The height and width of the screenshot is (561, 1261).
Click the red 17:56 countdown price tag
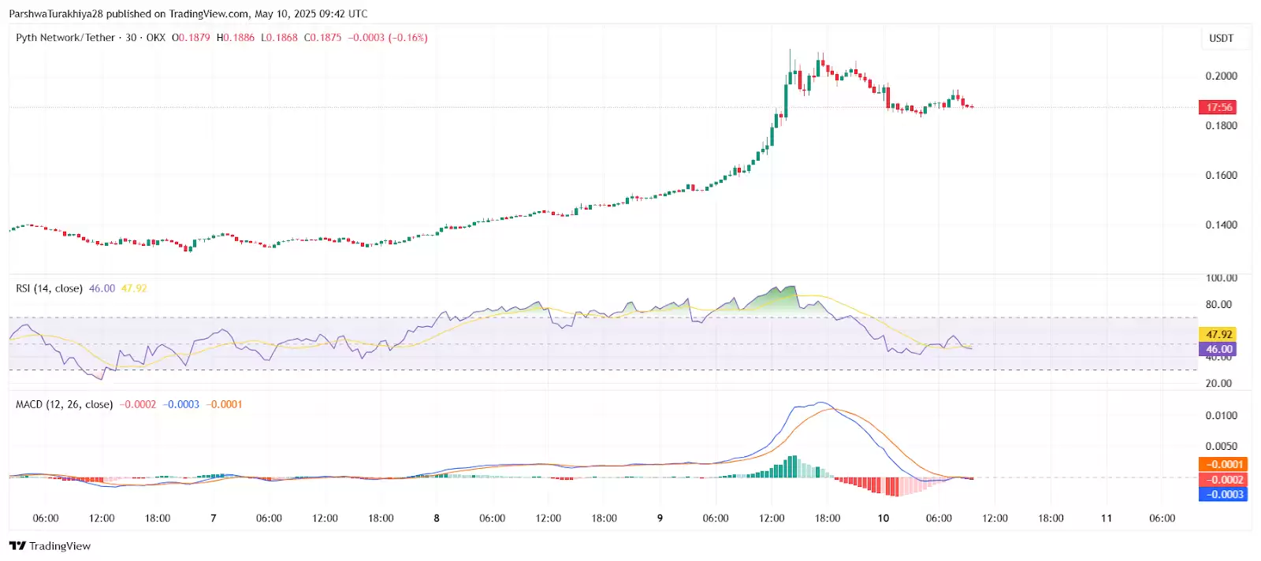click(1218, 107)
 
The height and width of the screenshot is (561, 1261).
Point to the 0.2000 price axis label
click(1221, 76)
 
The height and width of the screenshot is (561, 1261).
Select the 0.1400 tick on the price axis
click(1221, 225)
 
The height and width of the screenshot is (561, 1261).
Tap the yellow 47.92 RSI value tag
click(1218, 334)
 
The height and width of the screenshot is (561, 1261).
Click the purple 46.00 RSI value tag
click(1218, 349)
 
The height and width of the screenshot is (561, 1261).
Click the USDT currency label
click(1221, 38)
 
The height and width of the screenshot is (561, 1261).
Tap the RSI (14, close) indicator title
click(49, 288)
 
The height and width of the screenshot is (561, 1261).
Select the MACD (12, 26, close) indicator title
click(64, 404)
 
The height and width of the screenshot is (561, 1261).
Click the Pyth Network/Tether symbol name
click(65, 38)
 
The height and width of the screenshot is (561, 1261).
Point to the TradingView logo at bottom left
click(50, 546)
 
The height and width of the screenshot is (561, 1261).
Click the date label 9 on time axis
click(660, 518)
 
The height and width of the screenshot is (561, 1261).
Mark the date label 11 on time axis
click(1107, 518)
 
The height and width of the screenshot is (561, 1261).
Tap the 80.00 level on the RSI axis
click(1218, 304)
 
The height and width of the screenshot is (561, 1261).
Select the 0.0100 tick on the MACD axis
click(1221, 415)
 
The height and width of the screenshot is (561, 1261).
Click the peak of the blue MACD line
click(822, 403)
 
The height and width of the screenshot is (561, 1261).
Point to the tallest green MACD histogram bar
click(792, 466)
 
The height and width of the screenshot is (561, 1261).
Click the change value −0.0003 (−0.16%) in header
click(388, 38)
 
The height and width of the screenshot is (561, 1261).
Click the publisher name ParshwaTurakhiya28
click(56, 13)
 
